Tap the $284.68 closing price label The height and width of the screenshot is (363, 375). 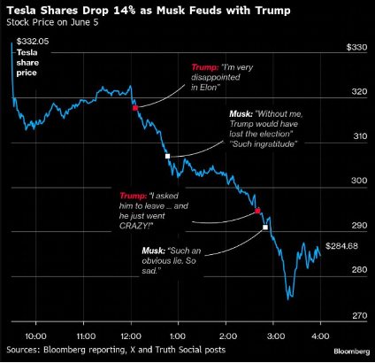point(344,244)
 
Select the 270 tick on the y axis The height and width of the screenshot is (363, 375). point(358,314)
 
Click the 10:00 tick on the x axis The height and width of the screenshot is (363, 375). point(35,337)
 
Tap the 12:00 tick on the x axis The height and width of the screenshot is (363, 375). point(130,337)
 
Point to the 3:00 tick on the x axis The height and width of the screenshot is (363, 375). point(273,337)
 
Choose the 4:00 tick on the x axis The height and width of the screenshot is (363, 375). point(320,337)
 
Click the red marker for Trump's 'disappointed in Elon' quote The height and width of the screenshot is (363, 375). point(135,107)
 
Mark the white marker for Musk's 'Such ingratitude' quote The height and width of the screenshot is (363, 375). point(167,156)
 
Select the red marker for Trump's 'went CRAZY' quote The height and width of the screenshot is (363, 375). point(257,211)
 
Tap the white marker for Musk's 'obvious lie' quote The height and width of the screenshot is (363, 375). point(265,228)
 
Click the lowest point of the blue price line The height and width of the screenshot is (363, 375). point(289,298)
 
